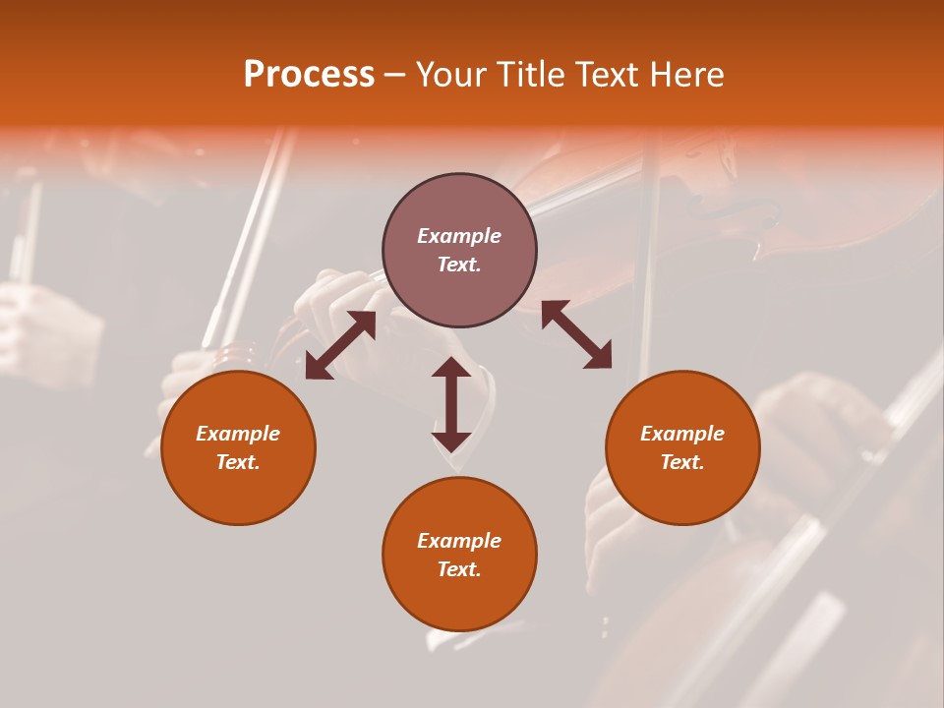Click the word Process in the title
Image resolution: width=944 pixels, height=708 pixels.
click(x=309, y=75)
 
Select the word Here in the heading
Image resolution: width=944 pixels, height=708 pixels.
click(x=685, y=75)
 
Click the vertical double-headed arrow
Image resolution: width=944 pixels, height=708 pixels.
click(x=451, y=404)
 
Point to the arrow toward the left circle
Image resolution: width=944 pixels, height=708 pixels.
click(x=340, y=345)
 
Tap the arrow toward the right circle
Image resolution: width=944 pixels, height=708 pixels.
click(x=576, y=335)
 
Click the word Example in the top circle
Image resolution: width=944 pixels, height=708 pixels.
click(x=459, y=236)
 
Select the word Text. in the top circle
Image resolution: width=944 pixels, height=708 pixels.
click(x=459, y=265)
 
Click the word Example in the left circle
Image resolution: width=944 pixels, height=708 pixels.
click(x=238, y=434)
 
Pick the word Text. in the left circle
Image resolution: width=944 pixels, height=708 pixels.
click(x=238, y=462)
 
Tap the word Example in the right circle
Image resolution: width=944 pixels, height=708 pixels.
click(x=682, y=434)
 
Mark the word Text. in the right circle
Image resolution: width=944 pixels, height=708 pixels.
click(x=682, y=462)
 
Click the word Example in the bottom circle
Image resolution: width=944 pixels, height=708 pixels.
click(x=459, y=541)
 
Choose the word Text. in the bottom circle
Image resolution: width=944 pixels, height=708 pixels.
click(x=459, y=569)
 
